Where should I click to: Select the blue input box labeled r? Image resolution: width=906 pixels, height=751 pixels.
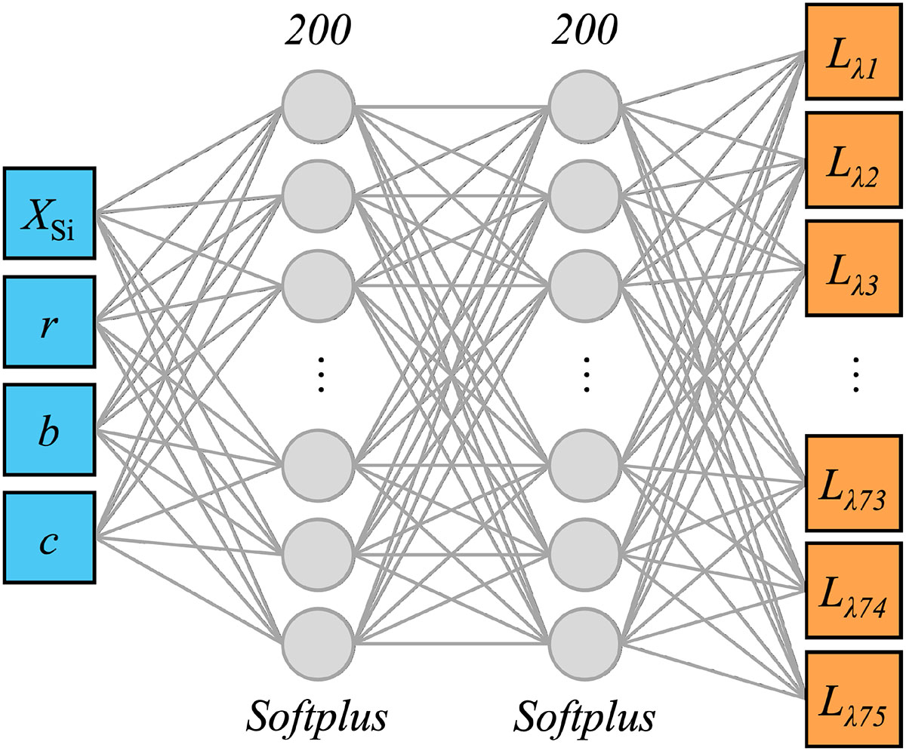tap(49, 321)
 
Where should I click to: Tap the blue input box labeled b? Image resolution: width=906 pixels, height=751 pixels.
tap(49, 429)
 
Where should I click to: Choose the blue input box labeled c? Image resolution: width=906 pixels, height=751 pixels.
tap(49, 537)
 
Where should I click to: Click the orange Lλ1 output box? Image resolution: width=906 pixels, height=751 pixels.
tap(854, 51)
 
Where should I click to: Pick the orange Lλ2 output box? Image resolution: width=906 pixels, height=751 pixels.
tap(854, 159)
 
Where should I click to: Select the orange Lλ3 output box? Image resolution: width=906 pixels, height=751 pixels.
tap(854, 267)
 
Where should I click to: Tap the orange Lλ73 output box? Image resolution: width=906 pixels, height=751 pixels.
tap(854, 482)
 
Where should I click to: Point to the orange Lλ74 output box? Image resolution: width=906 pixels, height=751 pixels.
tap(854, 590)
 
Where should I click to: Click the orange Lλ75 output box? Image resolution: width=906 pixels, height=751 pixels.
tap(854, 698)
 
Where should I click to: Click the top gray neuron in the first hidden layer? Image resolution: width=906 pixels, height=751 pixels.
tap(318, 105)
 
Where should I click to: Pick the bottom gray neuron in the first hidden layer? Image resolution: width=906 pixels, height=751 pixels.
tap(318, 644)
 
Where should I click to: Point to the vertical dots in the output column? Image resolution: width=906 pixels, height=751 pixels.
tap(855, 374)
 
